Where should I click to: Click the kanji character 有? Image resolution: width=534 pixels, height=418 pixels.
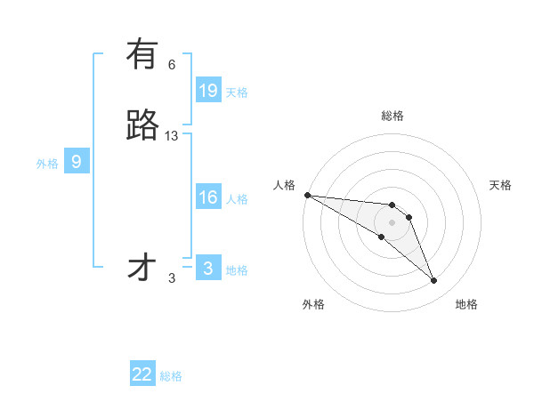tap(142, 55)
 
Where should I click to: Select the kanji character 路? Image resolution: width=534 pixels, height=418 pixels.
tap(142, 126)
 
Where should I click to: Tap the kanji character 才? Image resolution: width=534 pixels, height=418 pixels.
tap(142, 268)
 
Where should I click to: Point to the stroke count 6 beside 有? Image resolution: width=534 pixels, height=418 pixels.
tap(172, 64)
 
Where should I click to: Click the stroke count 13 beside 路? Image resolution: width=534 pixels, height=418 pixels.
tap(172, 135)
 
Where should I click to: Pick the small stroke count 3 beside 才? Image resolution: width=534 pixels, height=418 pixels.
tap(172, 277)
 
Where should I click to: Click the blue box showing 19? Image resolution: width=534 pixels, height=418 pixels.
tap(208, 91)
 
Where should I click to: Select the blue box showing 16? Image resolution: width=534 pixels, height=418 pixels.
tap(208, 197)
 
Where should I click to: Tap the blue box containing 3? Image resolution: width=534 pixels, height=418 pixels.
tap(208, 269)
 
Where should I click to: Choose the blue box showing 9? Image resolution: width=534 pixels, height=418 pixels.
tap(77, 162)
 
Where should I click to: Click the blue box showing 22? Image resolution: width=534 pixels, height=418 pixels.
tap(142, 374)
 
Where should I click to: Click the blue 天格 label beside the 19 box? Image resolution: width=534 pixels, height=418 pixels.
tap(237, 92)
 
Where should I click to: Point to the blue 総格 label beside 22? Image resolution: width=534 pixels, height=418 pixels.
tap(171, 376)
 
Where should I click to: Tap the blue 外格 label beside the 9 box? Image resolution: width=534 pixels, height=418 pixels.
tap(47, 164)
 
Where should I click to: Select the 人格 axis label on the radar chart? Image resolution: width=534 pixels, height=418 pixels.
tap(284, 185)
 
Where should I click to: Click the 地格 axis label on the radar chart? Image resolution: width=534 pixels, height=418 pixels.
tap(466, 304)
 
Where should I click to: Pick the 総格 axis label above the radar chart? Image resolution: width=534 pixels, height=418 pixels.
tap(392, 116)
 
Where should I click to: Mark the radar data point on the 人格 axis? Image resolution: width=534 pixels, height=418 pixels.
tap(307, 195)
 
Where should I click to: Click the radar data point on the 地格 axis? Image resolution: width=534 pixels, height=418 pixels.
tap(433, 280)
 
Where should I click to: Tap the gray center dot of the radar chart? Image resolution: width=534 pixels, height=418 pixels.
tap(392, 222)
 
